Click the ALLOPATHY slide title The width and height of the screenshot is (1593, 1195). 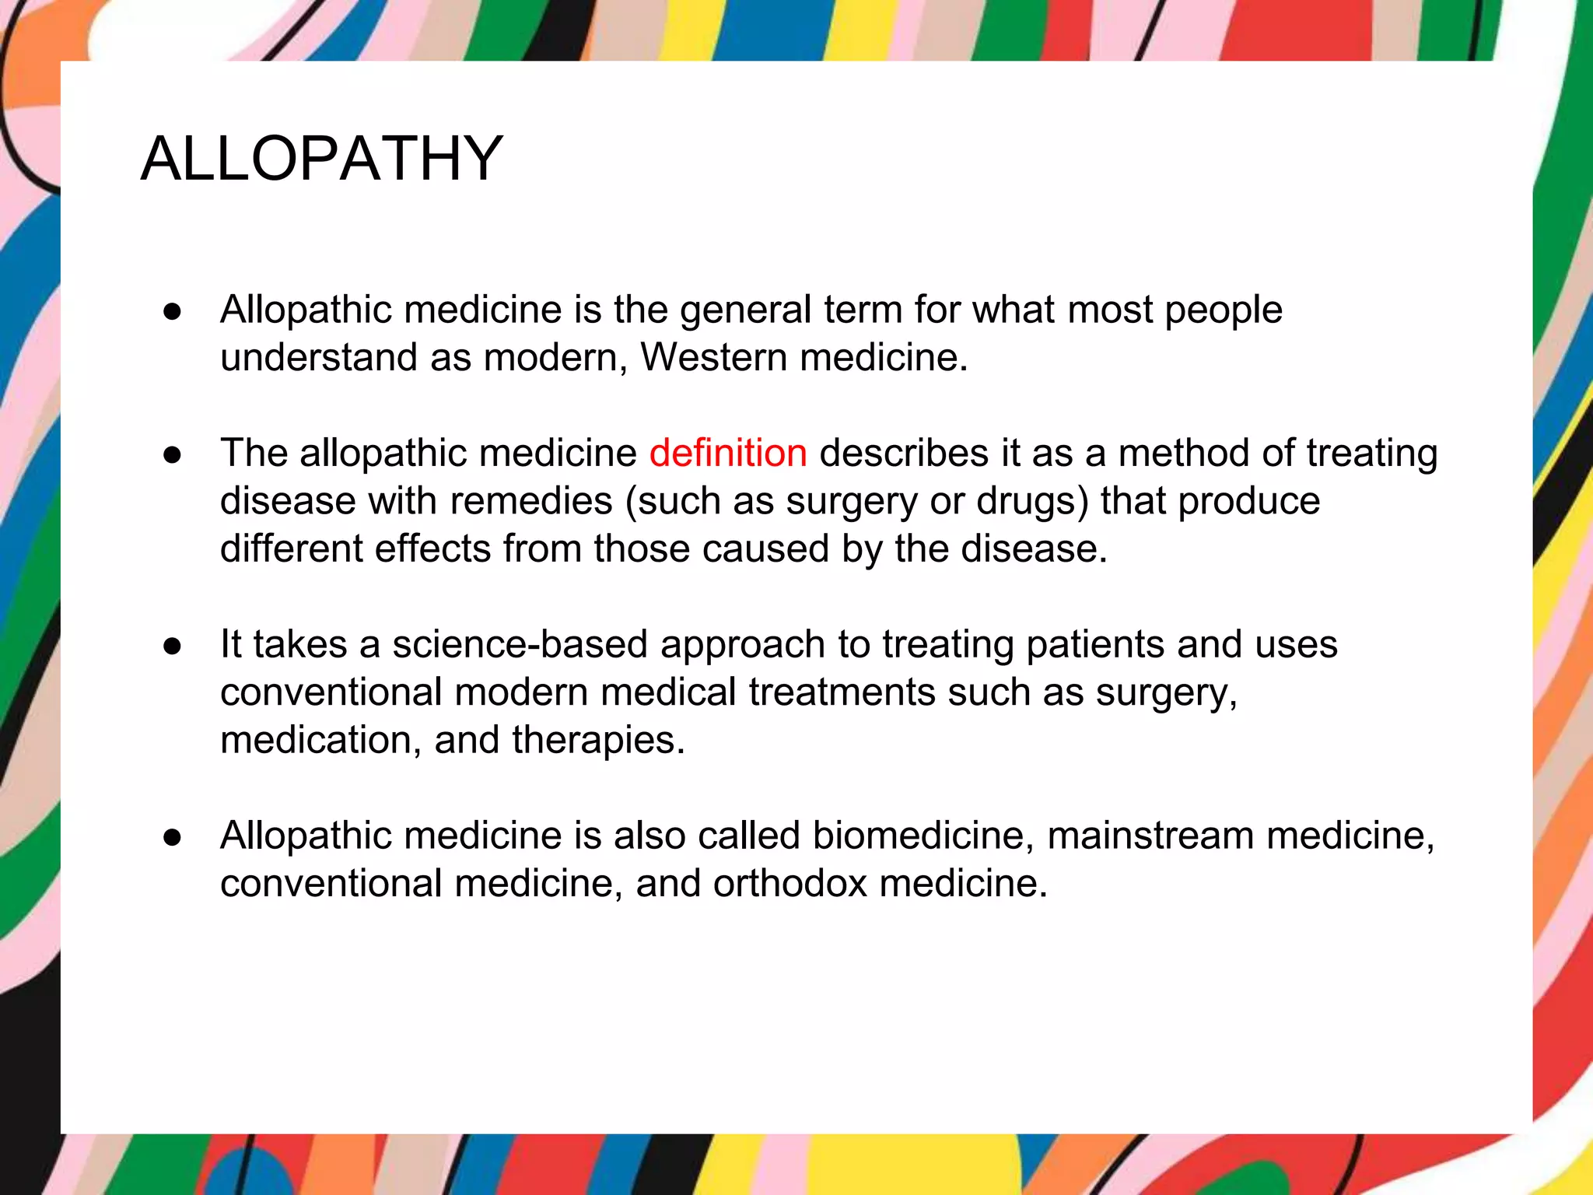[x=322, y=159]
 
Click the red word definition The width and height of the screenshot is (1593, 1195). [x=728, y=453]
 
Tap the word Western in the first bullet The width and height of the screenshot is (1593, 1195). [x=714, y=358]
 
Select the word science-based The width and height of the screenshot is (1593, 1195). [x=520, y=644]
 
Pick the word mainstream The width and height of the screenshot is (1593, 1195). [x=1150, y=836]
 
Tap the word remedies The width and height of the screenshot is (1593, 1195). [x=531, y=501]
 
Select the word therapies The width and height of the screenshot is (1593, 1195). [x=598, y=740]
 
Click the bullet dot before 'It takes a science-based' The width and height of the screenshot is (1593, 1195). [x=173, y=646]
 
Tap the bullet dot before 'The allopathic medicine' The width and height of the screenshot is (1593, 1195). [x=173, y=454]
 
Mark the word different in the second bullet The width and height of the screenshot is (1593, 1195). [x=291, y=548]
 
